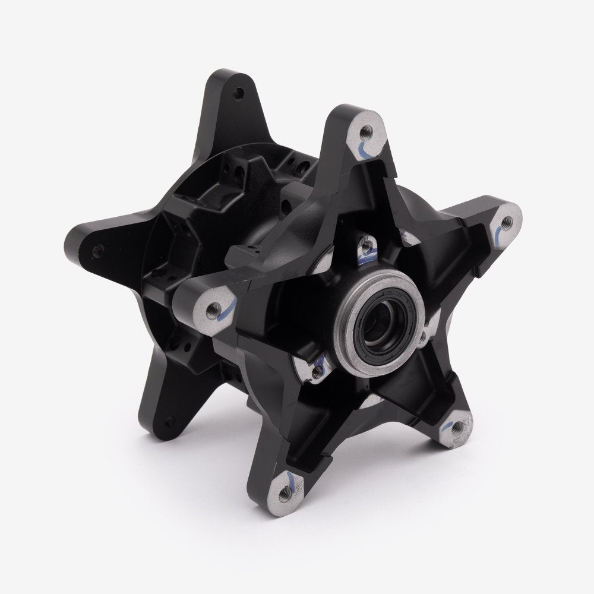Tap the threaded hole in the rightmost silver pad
click(507, 222)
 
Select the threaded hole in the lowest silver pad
click(286, 489)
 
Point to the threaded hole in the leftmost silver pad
click(213, 308)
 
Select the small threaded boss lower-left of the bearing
click(318, 369)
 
